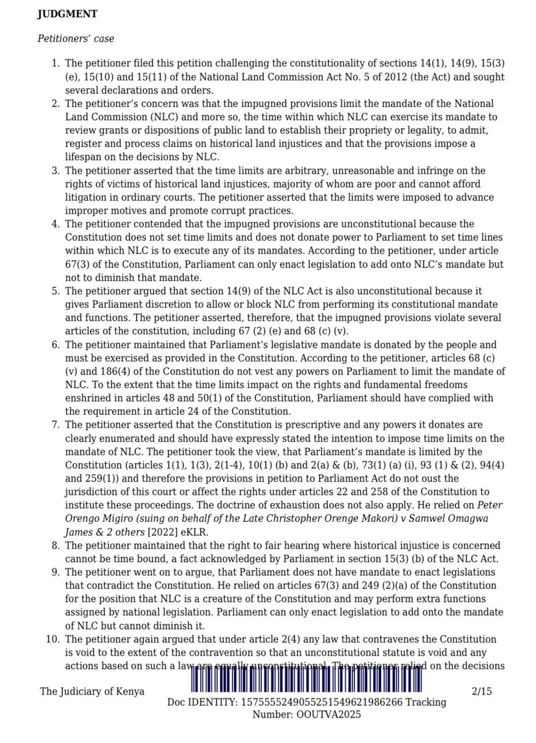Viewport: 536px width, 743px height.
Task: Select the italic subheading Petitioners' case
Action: pyautogui.click(x=76, y=38)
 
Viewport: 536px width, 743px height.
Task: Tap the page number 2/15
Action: pyautogui.click(x=480, y=692)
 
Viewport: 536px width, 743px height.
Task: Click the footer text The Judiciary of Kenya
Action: pyautogui.click(x=92, y=692)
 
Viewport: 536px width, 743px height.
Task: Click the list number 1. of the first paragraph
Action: pyautogui.click(x=55, y=64)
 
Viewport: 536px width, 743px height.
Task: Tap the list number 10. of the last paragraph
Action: pyautogui.click(x=53, y=638)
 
